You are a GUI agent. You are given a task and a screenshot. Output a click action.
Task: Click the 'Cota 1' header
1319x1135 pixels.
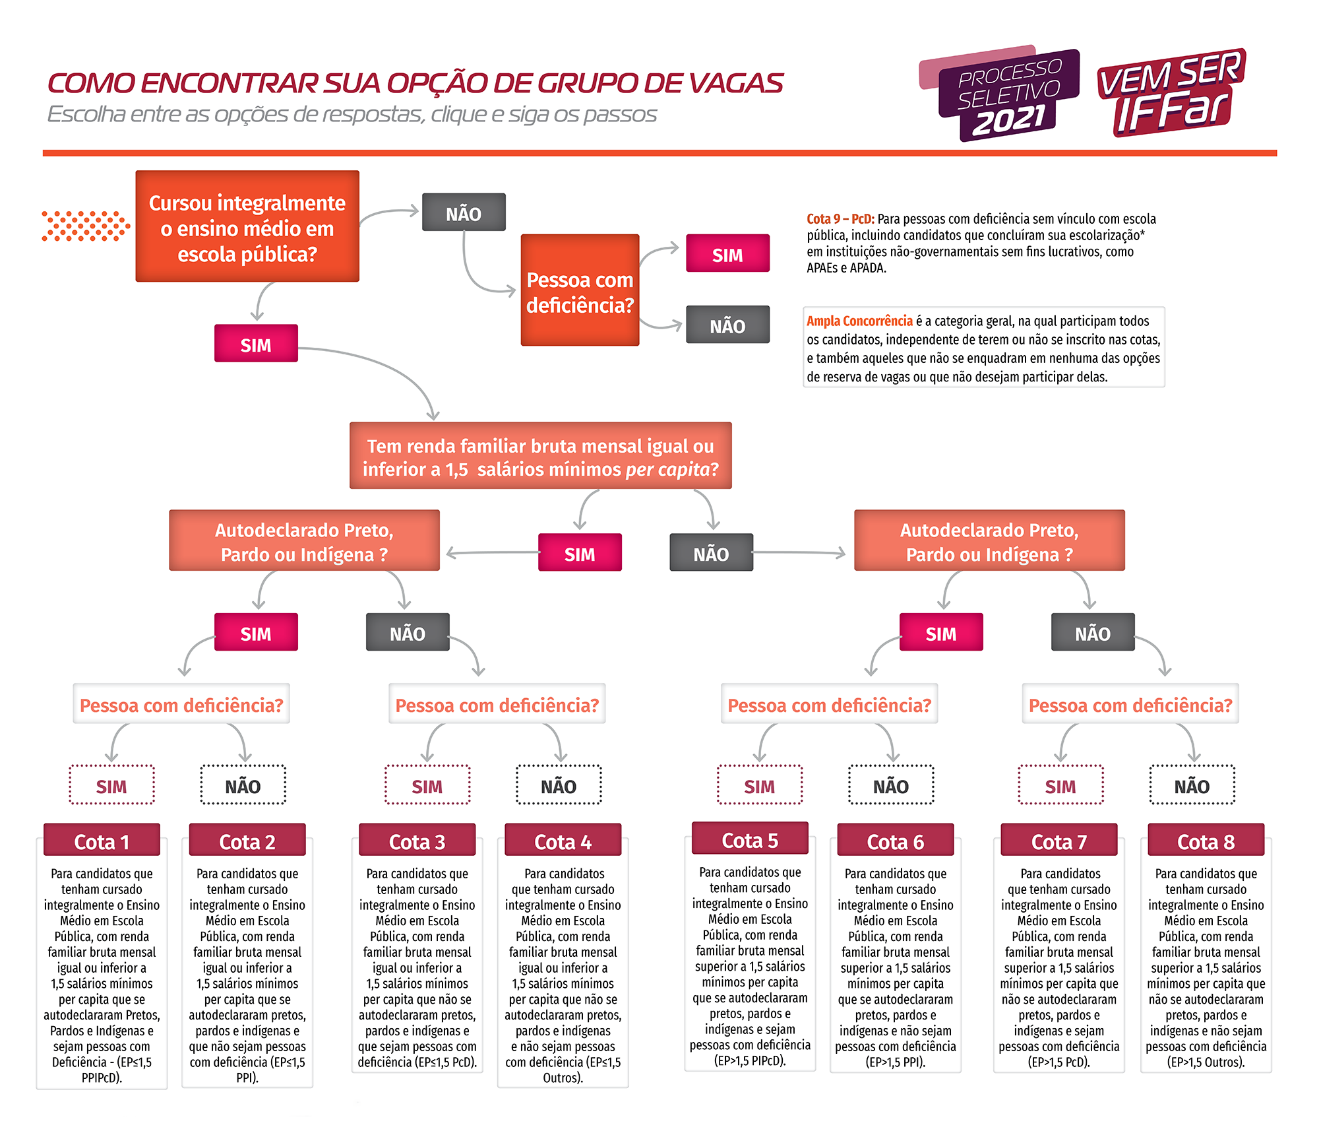click(102, 841)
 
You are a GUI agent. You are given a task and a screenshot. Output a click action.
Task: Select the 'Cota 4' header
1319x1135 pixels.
click(563, 841)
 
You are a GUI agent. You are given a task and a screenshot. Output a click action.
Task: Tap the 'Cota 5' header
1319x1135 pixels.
click(750, 840)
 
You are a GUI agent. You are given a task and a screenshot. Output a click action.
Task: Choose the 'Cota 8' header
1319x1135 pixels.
click(1206, 841)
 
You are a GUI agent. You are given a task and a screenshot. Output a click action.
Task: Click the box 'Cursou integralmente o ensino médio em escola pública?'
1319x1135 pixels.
click(247, 227)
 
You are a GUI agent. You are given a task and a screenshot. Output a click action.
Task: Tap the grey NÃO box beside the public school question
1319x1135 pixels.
click(464, 212)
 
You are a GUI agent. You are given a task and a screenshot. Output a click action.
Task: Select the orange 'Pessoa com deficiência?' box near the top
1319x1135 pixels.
click(580, 290)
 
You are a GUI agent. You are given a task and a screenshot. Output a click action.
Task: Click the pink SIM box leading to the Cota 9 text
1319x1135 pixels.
click(727, 253)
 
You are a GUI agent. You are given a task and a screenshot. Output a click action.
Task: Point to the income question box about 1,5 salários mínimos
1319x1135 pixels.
click(540, 456)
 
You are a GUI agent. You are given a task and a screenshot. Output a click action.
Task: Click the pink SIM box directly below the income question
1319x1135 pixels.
click(580, 553)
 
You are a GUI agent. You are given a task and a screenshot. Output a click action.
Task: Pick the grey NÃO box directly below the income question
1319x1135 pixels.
click(711, 553)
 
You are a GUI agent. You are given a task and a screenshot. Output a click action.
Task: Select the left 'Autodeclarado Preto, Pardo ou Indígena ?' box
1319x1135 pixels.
click(304, 540)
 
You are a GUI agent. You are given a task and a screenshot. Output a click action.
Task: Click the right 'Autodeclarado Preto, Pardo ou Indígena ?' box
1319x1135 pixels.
click(989, 540)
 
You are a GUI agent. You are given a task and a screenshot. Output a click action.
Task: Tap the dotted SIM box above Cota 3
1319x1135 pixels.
click(427, 785)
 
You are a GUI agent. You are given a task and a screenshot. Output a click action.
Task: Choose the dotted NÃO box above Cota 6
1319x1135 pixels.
click(891, 785)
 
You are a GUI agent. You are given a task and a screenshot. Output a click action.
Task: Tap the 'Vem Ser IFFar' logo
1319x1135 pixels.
click(1171, 92)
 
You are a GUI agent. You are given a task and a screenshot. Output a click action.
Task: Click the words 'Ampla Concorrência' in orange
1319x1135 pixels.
click(859, 321)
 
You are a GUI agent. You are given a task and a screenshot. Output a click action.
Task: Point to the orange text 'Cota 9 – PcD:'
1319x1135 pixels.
click(840, 219)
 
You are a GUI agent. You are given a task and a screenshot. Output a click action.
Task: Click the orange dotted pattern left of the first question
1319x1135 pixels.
click(86, 226)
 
